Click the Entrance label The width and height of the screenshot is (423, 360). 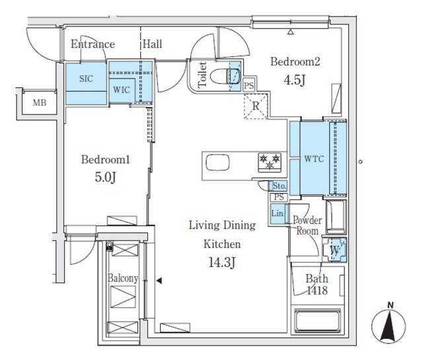(93, 44)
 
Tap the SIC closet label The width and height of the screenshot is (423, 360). (86, 78)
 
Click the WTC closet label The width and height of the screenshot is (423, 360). (313, 159)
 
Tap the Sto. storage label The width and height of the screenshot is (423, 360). (278, 186)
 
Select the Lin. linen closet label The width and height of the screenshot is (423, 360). (278, 213)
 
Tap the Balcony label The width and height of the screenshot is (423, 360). (123, 278)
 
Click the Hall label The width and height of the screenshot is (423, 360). (153, 44)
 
